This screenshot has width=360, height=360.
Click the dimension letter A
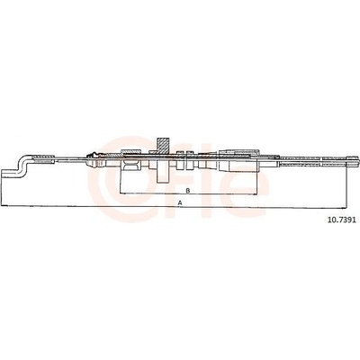[x=180, y=202]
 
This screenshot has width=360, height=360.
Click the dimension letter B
[x=188, y=191]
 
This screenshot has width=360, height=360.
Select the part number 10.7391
[x=342, y=220]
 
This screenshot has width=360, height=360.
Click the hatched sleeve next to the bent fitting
[x=43, y=158]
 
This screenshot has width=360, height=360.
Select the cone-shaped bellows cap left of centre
[x=94, y=160]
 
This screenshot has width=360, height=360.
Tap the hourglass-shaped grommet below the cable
[x=130, y=166]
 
